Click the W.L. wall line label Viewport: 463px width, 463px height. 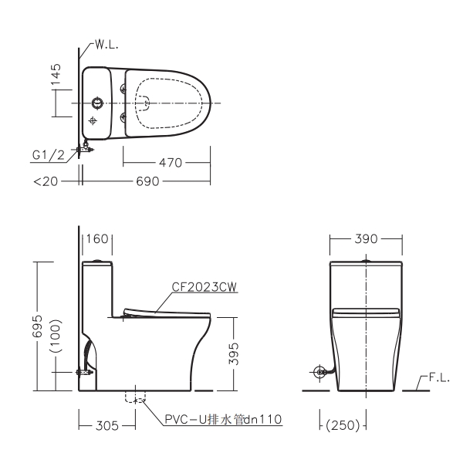point(106,45)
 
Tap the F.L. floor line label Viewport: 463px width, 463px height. point(439,377)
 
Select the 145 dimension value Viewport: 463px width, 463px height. point(56,74)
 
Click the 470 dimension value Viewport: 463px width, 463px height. point(171,163)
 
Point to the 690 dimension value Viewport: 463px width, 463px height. point(147,181)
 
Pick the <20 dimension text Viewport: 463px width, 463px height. point(46,181)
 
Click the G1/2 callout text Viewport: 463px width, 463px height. point(48,155)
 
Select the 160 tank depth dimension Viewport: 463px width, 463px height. point(97,239)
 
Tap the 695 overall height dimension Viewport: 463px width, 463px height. point(38,326)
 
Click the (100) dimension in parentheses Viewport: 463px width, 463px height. point(56,336)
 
